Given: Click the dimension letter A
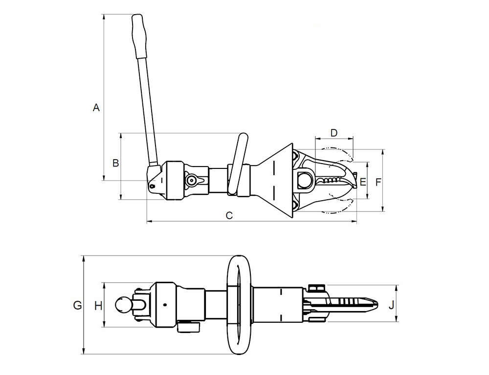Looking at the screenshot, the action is pos(96,107).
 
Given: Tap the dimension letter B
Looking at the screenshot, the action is pos(116,163).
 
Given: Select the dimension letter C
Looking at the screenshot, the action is pos(229,215).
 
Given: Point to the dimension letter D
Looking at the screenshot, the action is pos(334,133).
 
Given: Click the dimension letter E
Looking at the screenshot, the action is pos(363,182).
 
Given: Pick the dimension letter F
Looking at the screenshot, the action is pos(378,182).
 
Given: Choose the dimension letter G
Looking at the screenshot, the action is pos(77,305).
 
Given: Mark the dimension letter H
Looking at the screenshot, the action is pos(99,306).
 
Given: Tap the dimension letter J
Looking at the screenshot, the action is pos(391,306).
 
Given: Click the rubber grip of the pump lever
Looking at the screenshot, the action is pos(139,36).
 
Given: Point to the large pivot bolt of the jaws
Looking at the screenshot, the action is pos(305,180).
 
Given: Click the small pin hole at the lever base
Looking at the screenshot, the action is pos(152,186).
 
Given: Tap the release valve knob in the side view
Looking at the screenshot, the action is pos(191,180).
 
